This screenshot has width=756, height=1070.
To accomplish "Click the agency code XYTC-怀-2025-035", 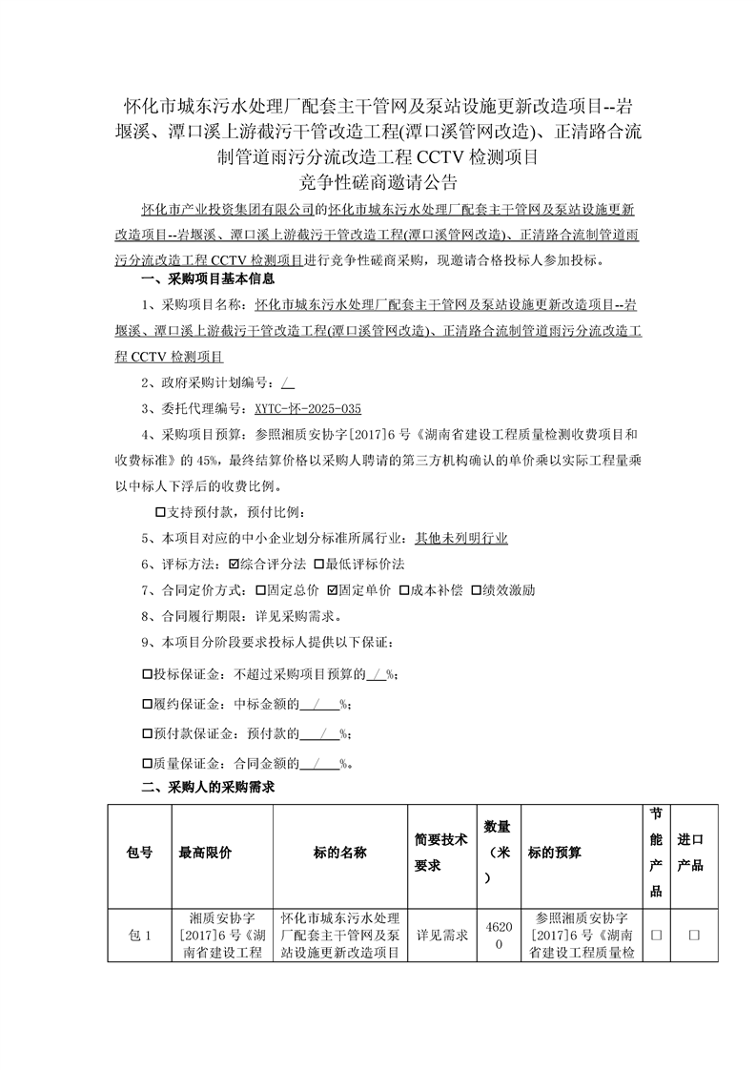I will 308,408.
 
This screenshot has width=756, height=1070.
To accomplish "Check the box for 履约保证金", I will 147,705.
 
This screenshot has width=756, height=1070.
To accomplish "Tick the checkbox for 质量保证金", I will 147,763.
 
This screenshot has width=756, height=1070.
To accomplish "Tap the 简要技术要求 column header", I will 441,853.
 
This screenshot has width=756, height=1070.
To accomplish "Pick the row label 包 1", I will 139,936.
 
